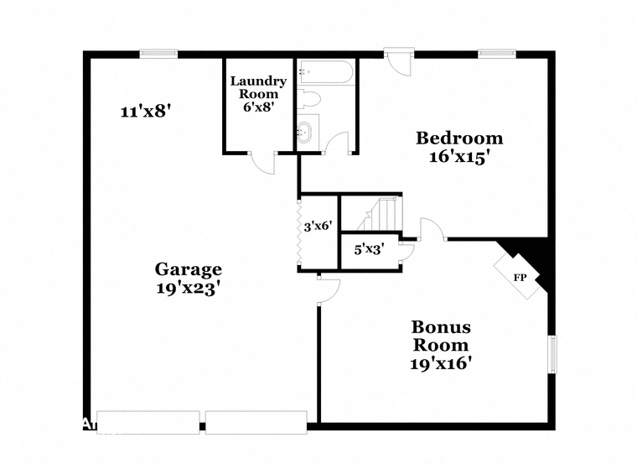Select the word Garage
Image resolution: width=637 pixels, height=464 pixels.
pos(188,269)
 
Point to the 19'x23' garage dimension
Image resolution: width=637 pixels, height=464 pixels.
pos(188,287)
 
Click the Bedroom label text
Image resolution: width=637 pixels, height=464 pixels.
pos(459,138)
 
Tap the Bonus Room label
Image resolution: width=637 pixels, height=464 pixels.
pos(440,336)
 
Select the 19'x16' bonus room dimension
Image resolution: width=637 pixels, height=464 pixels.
pos(440,363)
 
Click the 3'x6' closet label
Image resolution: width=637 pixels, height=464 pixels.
pos(318,226)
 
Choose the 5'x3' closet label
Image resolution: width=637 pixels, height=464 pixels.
pos(368,249)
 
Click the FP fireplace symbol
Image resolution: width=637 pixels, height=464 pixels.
pos(520,274)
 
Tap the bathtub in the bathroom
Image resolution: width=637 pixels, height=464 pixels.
pos(325,73)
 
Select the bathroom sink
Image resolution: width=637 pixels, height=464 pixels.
pos(306,133)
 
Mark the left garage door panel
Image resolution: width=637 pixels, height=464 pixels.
pos(148,422)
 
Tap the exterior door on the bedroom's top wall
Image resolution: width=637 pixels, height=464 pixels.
pos(399,64)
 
